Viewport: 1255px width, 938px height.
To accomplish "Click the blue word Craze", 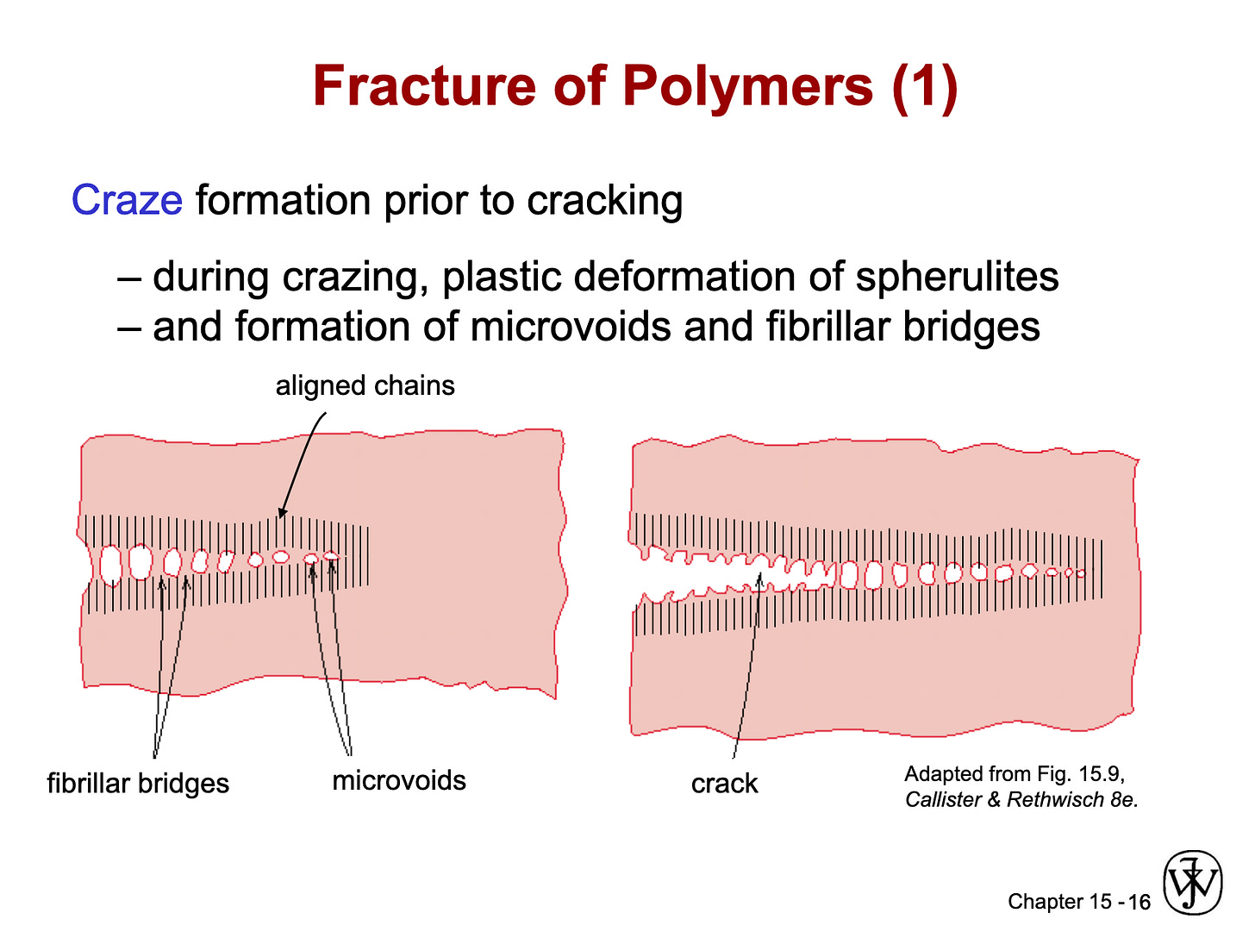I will point(127,201).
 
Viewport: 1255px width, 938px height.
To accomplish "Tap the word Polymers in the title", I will point(748,86).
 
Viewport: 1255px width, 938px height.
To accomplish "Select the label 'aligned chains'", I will point(365,385).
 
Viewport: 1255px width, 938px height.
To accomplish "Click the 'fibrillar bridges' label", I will point(138,784).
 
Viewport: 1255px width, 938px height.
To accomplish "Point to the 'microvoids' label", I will point(399,780).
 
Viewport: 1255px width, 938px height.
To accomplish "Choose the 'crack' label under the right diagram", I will point(724,784).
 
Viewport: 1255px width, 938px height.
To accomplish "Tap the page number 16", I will point(1139,903).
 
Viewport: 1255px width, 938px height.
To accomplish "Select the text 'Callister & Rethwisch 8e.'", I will point(1021,800).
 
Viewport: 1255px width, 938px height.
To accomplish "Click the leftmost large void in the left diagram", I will point(110,566).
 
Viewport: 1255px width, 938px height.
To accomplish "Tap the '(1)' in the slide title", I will point(924,86).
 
